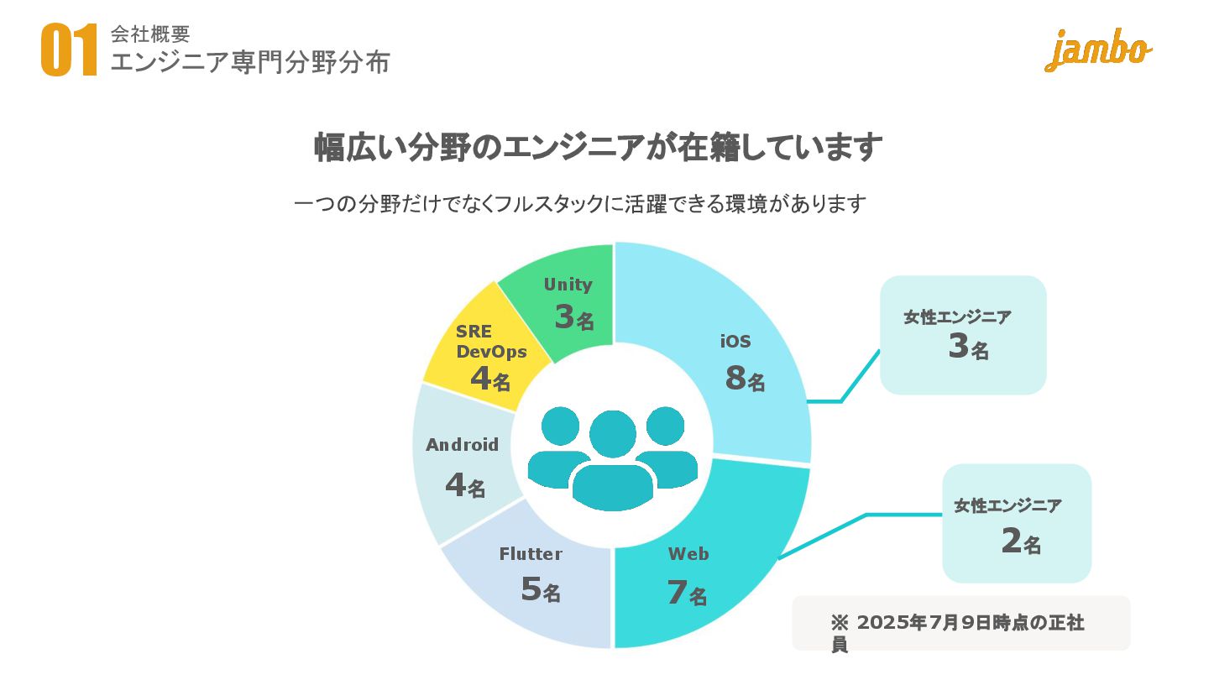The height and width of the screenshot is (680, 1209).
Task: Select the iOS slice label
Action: click(735, 342)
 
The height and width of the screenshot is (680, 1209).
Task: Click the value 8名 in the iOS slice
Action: click(745, 379)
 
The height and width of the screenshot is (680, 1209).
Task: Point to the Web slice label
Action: click(688, 554)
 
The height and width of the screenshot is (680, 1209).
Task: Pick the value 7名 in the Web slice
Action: click(687, 593)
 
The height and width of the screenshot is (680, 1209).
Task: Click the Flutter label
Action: click(531, 554)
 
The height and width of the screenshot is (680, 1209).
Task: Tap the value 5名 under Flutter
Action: click(540, 589)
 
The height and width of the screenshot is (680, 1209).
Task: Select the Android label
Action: click(462, 445)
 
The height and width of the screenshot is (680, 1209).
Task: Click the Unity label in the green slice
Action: click(568, 285)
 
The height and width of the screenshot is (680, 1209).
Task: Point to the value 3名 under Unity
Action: click(573, 317)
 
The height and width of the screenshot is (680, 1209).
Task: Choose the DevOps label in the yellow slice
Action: click(491, 351)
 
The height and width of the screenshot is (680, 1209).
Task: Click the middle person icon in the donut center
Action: click(613, 462)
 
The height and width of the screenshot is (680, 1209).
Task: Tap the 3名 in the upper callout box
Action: click(968, 347)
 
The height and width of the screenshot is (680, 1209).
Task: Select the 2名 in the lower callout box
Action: click(1020, 541)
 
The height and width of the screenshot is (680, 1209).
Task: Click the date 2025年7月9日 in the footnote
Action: click(931, 623)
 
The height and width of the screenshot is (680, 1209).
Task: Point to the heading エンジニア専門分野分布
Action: click(250, 61)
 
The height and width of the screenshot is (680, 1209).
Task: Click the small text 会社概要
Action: click(150, 34)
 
